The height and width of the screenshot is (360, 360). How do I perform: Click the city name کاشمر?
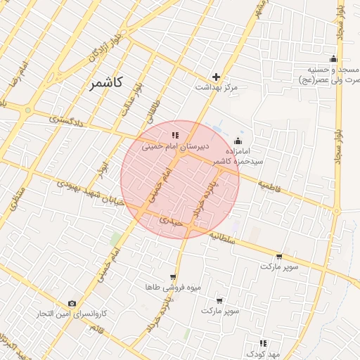coord(106,83)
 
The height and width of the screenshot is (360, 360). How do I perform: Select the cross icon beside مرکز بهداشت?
coord(217,77)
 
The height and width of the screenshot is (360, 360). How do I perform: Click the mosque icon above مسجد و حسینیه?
coord(333,60)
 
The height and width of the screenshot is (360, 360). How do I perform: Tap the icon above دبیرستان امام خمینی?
coord(175,135)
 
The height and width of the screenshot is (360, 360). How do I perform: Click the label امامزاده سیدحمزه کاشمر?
coord(244,155)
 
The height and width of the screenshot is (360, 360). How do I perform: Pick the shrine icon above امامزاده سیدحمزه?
coord(237,141)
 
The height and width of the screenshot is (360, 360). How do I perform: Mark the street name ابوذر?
coord(104,168)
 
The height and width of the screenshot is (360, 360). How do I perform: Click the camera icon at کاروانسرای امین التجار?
coord(72,303)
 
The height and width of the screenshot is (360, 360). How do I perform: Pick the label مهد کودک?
coord(264,354)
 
